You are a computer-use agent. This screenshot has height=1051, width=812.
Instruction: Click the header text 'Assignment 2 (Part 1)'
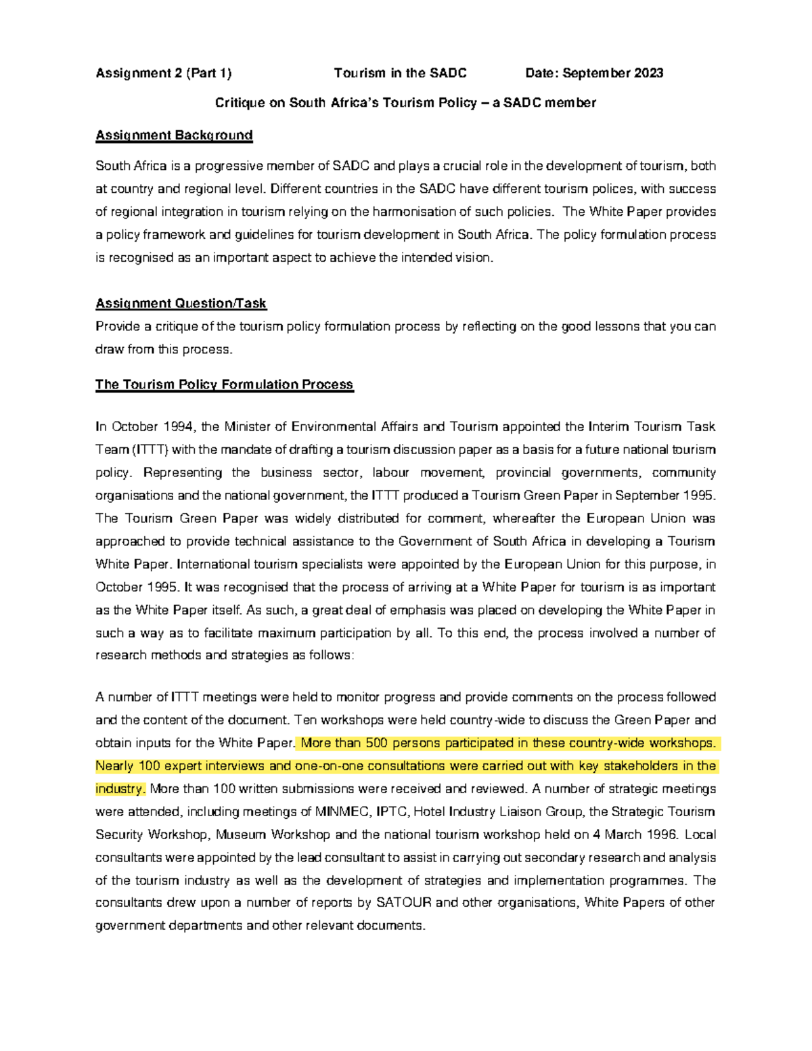tap(163, 73)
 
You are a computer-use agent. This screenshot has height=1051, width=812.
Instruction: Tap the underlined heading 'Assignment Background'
tap(174, 135)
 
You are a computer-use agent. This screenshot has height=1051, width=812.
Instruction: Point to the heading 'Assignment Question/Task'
tap(181, 303)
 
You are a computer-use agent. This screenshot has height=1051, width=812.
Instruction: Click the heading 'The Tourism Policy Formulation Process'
tap(224, 384)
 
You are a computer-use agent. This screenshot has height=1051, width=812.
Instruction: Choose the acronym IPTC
tap(392, 812)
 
